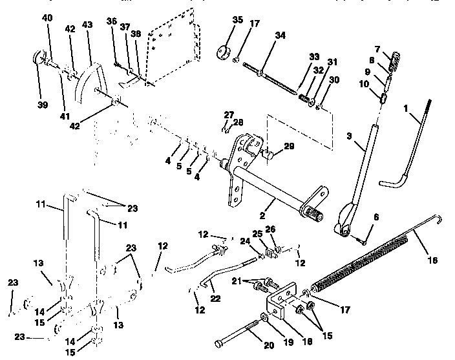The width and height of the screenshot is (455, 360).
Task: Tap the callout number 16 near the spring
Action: coord(432,260)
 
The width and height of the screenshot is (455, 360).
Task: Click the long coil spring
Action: coord(362,262)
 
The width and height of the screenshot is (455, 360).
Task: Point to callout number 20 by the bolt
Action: coord(269,345)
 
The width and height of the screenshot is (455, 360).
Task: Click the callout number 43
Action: coord(87,25)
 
